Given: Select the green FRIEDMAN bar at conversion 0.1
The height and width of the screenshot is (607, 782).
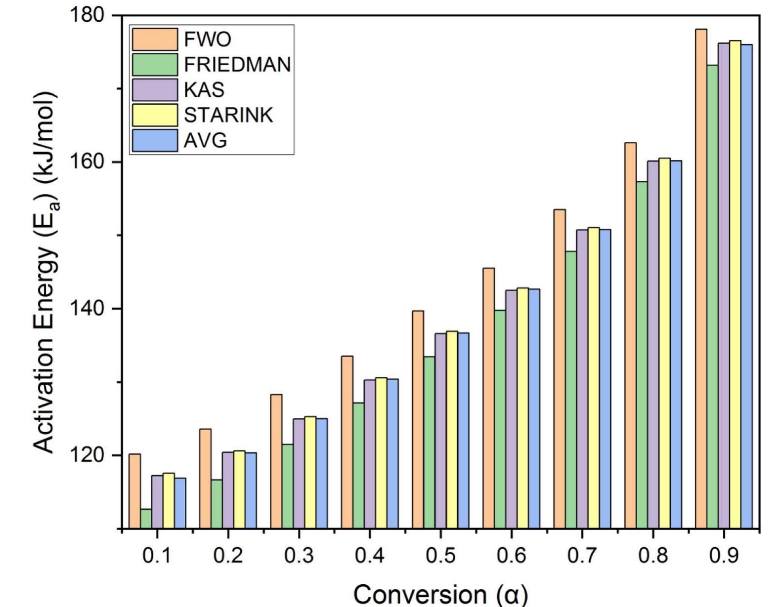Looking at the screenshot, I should click(146, 519).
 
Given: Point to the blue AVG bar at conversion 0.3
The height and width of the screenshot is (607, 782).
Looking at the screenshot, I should click(321, 473).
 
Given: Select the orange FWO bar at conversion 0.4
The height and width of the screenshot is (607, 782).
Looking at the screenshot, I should click(347, 442).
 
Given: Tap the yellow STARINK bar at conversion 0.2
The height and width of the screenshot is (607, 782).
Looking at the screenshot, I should click(239, 489).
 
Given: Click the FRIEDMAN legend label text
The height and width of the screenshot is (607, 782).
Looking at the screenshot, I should click(237, 65).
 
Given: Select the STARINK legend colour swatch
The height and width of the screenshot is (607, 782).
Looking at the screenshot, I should click(155, 115).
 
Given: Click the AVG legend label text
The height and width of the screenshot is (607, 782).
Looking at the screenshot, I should click(206, 141).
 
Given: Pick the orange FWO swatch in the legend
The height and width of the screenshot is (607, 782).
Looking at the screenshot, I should click(155, 39).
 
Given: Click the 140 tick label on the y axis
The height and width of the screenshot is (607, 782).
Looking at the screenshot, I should click(89, 309).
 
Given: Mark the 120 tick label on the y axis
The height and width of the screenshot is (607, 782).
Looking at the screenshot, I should click(89, 455).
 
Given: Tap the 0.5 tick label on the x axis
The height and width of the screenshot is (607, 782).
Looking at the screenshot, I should click(440, 556).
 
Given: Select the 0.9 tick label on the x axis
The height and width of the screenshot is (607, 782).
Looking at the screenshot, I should click(724, 556).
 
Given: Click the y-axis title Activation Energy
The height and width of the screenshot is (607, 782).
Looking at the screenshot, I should click(47, 272).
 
